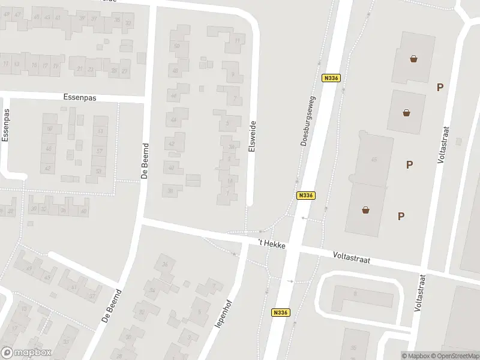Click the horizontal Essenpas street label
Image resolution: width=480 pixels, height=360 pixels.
[x=80, y=97]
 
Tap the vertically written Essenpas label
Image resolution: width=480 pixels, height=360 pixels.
[x=6, y=125]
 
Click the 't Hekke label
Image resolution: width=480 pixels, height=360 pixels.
[x=271, y=244]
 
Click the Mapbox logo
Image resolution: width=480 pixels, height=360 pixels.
[x=26, y=353]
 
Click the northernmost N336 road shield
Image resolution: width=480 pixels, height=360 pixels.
[x=330, y=78]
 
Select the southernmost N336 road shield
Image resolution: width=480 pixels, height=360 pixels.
[x=280, y=313]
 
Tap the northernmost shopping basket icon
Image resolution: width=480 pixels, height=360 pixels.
[x=414, y=59]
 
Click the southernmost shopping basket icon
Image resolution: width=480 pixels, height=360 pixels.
[x=365, y=209]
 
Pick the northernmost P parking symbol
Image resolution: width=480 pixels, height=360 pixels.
[x=440, y=88]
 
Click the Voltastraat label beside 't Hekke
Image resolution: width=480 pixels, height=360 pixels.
[x=352, y=259]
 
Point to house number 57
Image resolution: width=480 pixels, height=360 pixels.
[x=100, y=151]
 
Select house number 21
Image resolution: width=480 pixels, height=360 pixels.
[x=79, y=69]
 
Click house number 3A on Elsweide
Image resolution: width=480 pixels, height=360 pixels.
[x=231, y=146]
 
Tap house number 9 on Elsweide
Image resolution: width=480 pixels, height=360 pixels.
[x=233, y=74]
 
